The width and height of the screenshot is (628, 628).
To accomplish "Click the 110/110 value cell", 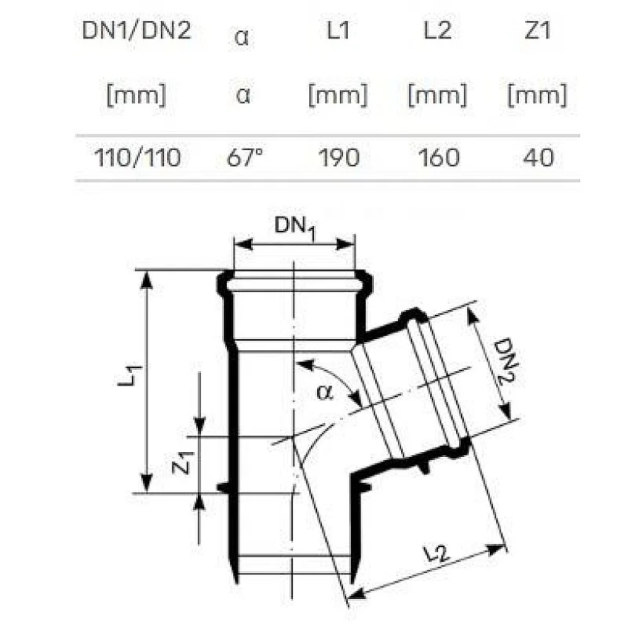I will pyautogui.click(x=137, y=158).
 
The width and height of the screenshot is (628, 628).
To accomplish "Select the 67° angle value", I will pyautogui.click(x=244, y=158).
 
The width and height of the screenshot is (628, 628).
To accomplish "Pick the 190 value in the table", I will pyautogui.click(x=338, y=158).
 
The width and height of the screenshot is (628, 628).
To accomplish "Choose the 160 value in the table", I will pyautogui.click(x=437, y=158).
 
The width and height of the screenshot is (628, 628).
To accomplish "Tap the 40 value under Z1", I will pyautogui.click(x=537, y=158).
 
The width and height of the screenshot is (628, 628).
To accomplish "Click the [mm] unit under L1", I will pyautogui.click(x=338, y=97).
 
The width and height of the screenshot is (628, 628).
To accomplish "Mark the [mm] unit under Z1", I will pyautogui.click(x=537, y=97).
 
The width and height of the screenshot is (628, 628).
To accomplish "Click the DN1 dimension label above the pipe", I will pyautogui.click(x=294, y=227).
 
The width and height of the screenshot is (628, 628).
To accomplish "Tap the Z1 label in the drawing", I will pyautogui.click(x=181, y=463).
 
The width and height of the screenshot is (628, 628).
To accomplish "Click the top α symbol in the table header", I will pyautogui.click(x=243, y=38).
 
